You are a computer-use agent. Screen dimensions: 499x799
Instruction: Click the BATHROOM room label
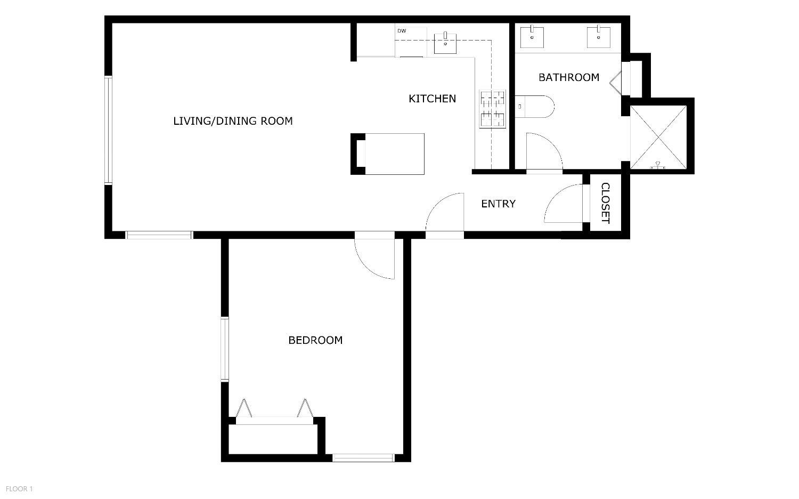click(569, 78)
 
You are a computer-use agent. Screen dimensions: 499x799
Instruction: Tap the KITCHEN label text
click(432, 99)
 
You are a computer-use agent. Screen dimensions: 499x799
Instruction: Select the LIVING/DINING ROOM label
click(233, 121)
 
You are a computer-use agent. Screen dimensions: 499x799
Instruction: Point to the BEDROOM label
click(315, 340)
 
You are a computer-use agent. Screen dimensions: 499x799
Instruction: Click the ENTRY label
click(498, 204)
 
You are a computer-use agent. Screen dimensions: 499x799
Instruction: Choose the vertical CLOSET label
click(606, 203)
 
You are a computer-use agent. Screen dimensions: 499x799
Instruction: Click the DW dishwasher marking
click(402, 31)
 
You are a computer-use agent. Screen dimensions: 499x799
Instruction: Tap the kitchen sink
click(445, 43)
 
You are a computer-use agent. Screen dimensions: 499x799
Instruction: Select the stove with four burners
click(492, 109)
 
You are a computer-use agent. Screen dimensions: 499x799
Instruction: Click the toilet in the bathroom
click(535, 106)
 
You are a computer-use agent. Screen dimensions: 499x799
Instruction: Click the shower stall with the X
click(658, 137)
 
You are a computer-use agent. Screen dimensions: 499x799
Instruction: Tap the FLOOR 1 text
click(19, 488)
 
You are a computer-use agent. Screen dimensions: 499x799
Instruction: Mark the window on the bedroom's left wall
click(225, 349)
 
